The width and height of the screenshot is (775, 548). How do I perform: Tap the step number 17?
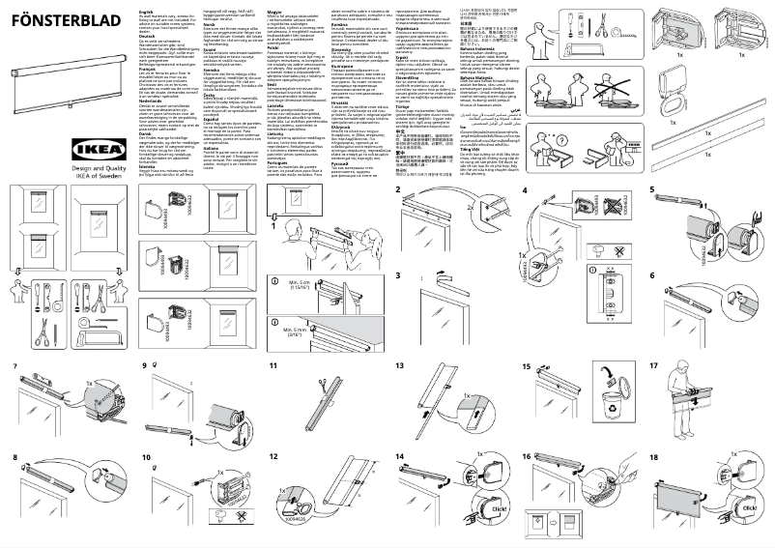[x=653, y=367]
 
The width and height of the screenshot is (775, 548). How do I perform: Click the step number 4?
[x=525, y=190]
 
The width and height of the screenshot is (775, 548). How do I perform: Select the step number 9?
[x=145, y=367]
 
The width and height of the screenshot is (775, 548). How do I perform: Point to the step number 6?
[x=653, y=275]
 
